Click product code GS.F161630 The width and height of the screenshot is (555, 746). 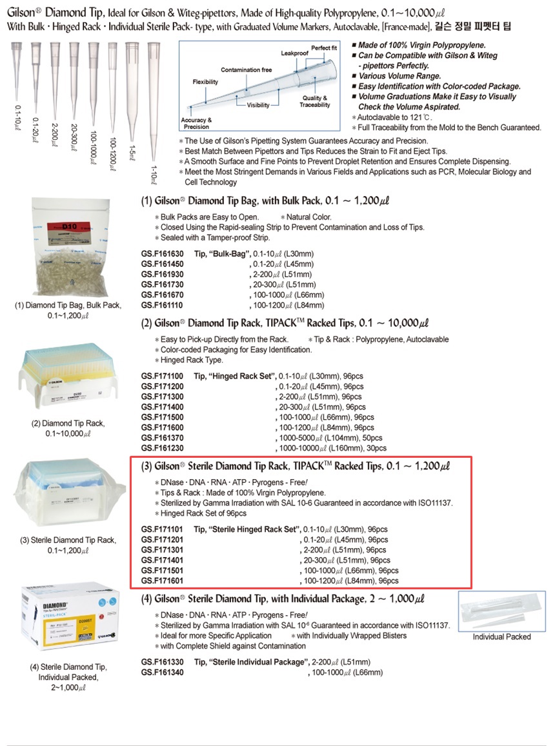162,254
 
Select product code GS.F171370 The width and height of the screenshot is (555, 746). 162,438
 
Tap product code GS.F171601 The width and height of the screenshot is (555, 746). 162,581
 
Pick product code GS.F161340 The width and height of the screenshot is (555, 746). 162,672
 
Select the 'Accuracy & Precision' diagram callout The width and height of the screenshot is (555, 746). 196,123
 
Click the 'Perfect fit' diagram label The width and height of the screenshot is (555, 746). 324,48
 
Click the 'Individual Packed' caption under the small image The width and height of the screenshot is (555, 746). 501,637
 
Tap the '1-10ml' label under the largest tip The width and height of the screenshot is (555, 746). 154,174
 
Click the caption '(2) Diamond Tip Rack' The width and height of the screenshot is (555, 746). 68,424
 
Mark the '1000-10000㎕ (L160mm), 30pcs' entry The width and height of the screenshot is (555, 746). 332,448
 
